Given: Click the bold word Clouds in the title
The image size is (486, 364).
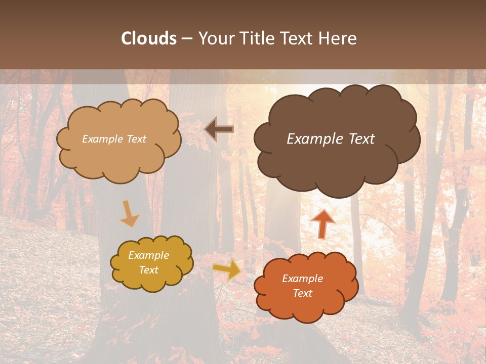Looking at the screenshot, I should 149,38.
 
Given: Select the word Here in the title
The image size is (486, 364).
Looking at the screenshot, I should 339,38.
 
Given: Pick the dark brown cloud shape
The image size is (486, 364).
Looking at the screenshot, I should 337,167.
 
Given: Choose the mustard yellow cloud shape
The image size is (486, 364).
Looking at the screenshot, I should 152,281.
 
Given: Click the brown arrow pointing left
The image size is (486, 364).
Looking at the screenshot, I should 219,129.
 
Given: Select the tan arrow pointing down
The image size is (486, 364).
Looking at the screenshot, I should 129,213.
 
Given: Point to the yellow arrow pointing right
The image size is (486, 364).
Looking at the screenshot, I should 227,270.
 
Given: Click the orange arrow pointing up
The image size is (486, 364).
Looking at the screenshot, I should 322,222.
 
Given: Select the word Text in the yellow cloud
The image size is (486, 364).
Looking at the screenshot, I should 149,270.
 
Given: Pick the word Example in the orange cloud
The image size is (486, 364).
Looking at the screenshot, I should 303,279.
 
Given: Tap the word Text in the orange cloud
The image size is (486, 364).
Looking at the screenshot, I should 303,293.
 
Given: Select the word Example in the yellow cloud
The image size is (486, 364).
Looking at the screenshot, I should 149,255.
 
